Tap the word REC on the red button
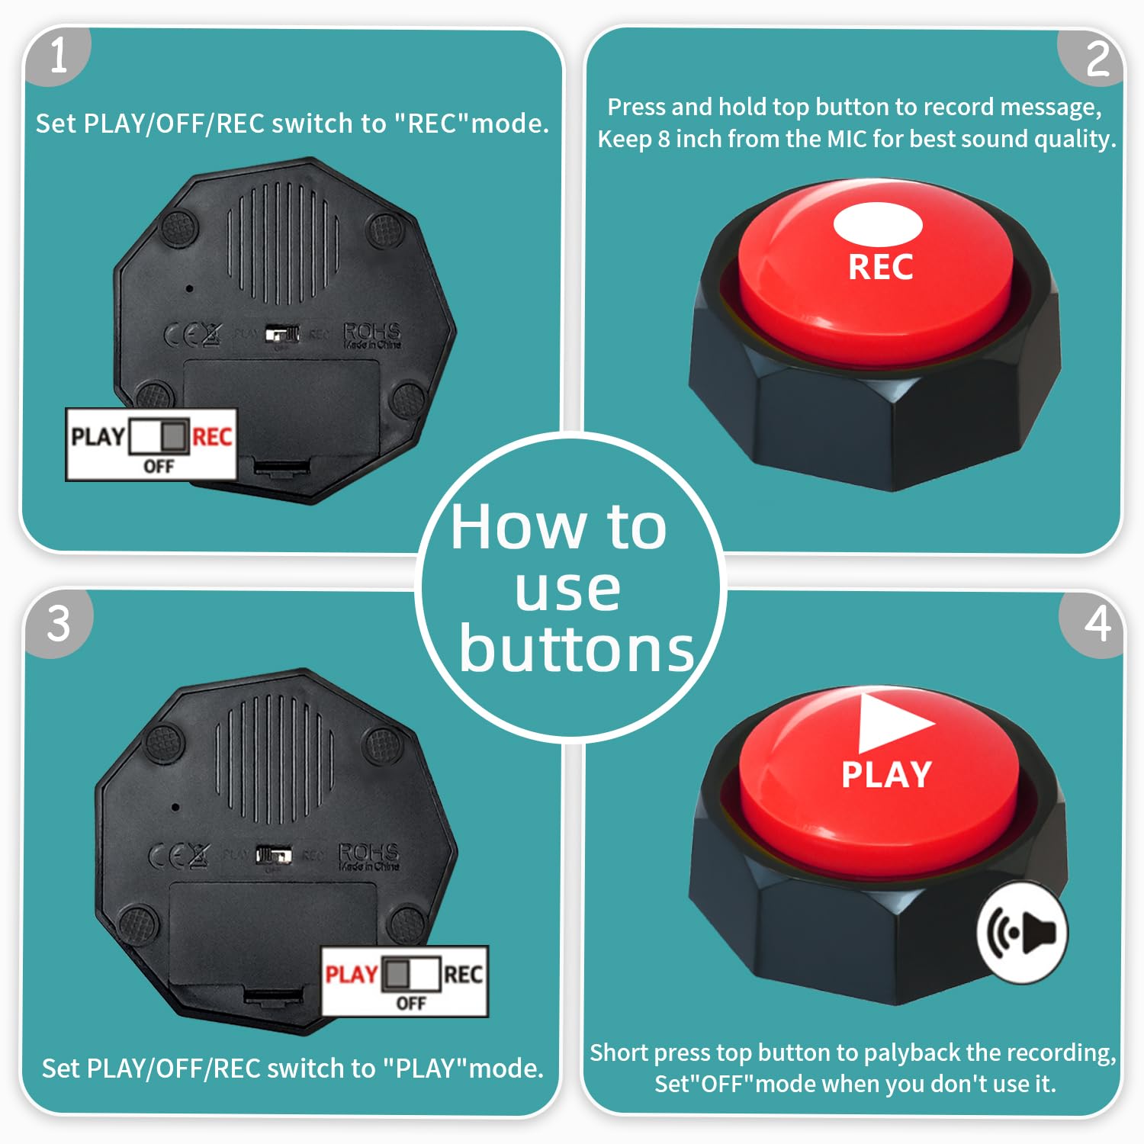pos(881,268)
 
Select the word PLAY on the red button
pos(886,775)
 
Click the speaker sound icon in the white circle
pos(1023,931)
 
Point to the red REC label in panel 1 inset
pos(212,437)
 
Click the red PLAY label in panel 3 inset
pos(351,975)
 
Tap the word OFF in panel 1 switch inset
pos(159,466)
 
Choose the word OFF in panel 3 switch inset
pos(411,1003)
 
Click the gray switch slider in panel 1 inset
pos(175,436)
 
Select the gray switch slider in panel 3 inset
pos(397,974)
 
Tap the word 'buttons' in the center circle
pos(576,650)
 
